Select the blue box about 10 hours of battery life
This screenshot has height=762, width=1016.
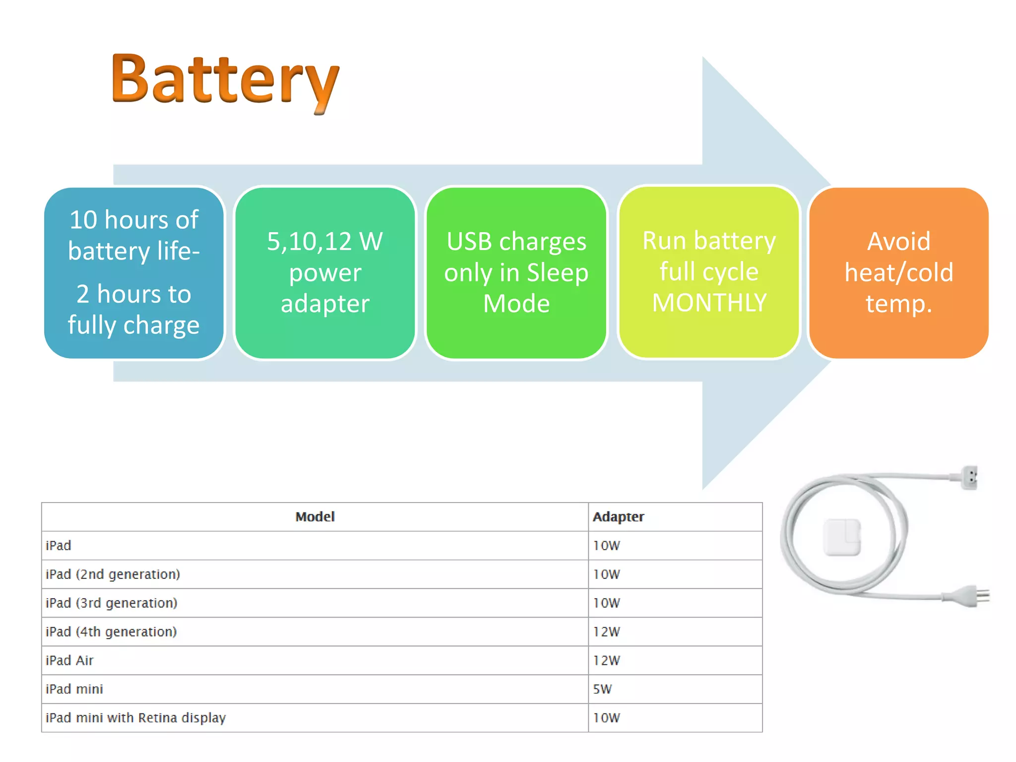pyautogui.click(x=134, y=273)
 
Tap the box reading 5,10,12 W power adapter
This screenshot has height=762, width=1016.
pyautogui.click(x=325, y=273)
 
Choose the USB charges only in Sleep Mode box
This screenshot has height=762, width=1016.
pyautogui.click(x=516, y=273)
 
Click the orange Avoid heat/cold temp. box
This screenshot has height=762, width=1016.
pyautogui.click(x=898, y=273)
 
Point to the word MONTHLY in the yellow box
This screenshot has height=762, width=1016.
pyautogui.click(x=709, y=303)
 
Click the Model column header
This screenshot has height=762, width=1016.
pyautogui.click(x=315, y=517)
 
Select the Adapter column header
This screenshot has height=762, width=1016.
pyautogui.click(x=618, y=517)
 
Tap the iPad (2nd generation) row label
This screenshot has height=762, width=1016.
pyautogui.click(x=113, y=574)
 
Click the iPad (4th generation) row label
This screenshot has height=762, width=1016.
pyautogui.click(x=111, y=632)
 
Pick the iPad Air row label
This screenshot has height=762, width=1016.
pyautogui.click(x=69, y=661)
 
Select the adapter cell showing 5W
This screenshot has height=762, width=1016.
pyautogui.click(x=602, y=689)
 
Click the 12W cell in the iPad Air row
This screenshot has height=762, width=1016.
pyautogui.click(x=606, y=661)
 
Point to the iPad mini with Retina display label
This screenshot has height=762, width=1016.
pyautogui.click(x=135, y=718)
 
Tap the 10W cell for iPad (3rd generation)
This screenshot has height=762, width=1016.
pyautogui.click(x=606, y=603)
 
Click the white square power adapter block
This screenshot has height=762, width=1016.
pyautogui.click(x=842, y=537)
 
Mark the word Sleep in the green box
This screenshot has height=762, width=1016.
pyautogui.click(x=557, y=273)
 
